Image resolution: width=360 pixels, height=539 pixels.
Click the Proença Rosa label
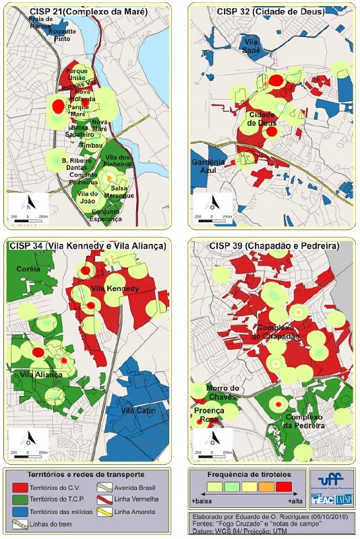[x=211, y=414]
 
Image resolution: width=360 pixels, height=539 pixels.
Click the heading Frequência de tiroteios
[x=247, y=474]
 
